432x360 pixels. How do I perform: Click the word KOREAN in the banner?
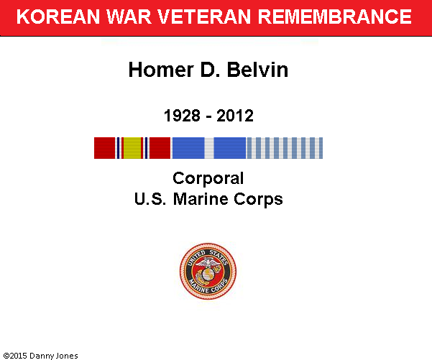tap(58, 17)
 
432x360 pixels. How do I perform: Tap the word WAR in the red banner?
tap(129, 17)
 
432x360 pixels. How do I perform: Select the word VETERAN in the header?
tap(204, 17)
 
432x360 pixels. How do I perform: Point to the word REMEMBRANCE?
tap(335, 17)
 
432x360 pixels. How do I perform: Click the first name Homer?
tap(161, 70)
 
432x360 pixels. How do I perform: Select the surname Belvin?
tap(257, 70)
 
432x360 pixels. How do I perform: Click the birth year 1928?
tap(182, 116)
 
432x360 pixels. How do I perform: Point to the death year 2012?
tap(235, 116)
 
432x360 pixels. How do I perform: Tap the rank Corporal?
tap(208, 179)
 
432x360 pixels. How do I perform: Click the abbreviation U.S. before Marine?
tap(150, 199)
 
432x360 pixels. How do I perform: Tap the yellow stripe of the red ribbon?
tap(132, 148)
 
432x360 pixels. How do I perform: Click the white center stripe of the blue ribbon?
tap(209, 148)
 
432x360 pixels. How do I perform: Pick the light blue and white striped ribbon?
tap(285, 148)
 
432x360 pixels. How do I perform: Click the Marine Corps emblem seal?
tap(208, 271)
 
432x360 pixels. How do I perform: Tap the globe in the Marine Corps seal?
tap(208, 274)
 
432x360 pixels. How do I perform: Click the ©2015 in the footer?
tap(15, 356)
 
